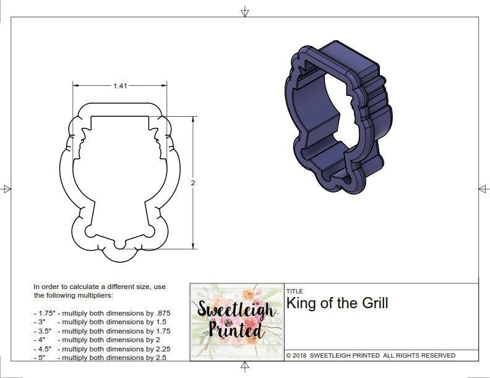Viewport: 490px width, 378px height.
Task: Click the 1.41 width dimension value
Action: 120,86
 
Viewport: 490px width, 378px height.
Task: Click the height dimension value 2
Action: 193,183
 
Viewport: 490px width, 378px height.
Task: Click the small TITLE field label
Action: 294,292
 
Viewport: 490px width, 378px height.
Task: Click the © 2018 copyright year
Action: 297,356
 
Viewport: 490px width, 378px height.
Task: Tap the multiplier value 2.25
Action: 161,349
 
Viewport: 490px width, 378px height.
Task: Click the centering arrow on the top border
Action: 245,11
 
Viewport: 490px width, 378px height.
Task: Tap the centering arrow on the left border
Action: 7,188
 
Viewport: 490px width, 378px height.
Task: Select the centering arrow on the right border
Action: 483,188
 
